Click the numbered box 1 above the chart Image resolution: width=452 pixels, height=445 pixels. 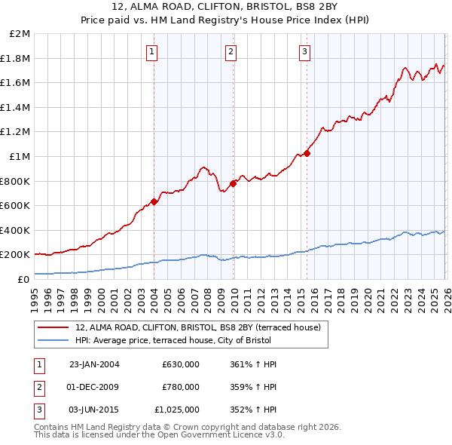click(152, 52)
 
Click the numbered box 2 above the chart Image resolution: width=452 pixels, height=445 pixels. click(231, 52)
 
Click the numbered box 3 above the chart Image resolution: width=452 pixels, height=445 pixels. click(304, 52)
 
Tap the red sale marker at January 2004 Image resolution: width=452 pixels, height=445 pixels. click(154, 201)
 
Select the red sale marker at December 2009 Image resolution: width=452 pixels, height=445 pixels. click(233, 183)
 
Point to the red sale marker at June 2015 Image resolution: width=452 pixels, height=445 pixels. click(307, 153)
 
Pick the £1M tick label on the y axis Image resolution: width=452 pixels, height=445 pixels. click(20, 157)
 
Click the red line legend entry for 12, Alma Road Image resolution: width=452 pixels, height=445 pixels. click(198, 327)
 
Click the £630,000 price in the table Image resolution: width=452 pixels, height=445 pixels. click(180, 364)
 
